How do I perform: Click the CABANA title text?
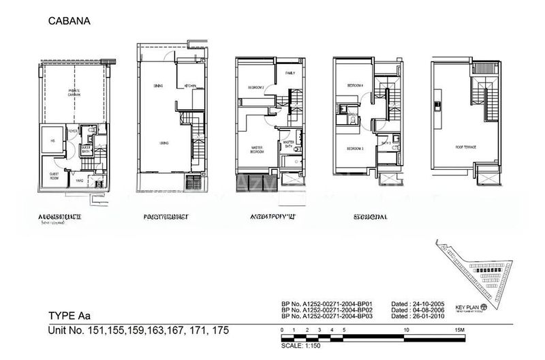tap(69, 21)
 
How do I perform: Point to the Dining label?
tap(158, 86)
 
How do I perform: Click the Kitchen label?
tap(190, 86)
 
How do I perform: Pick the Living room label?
tap(164, 143)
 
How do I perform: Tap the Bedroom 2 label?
tap(255, 88)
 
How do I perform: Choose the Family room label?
tap(290, 72)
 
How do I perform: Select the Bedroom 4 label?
tap(355, 85)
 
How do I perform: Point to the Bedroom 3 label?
tap(354, 148)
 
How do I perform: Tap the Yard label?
tap(80, 181)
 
